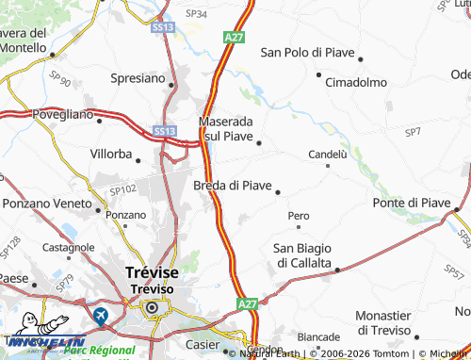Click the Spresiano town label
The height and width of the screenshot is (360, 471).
138,77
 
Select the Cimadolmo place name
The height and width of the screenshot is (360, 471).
356,82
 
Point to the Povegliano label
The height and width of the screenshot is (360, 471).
62,114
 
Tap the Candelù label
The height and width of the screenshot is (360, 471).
328,154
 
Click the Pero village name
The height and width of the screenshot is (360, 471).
299,216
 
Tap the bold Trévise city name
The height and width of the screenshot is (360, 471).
152,271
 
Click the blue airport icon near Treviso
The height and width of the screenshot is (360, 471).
101,315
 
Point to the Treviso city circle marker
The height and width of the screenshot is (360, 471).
151,307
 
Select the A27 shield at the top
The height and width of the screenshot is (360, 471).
235,37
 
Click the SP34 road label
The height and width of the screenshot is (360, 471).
196,14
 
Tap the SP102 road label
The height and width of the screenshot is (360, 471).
123,189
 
